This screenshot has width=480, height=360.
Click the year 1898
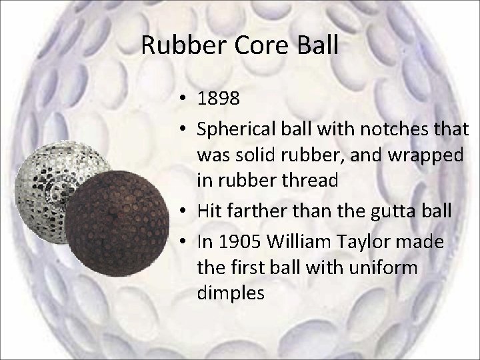click(x=219, y=99)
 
